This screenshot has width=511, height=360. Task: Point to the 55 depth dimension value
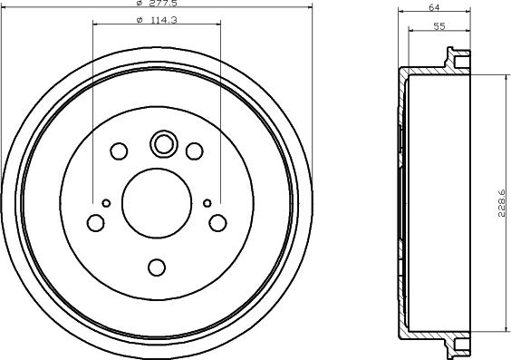[439, 27]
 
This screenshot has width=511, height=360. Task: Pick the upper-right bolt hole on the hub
[194, 151]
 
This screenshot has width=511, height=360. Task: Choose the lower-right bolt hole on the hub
[217, 221]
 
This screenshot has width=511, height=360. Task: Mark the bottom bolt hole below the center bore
[157, 267]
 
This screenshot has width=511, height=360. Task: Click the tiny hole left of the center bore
[106, 202]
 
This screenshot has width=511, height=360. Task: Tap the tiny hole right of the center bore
[207, 201]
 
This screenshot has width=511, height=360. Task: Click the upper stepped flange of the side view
[458, 66]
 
